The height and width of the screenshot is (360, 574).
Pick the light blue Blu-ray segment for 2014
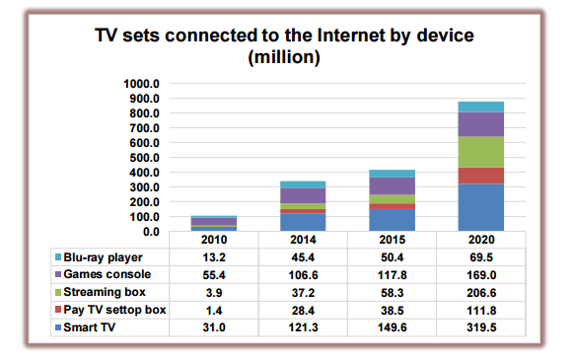tap(303, 184)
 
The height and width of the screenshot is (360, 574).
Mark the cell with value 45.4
tap(303, 256)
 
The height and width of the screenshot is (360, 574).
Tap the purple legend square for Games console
tap(59, 274)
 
